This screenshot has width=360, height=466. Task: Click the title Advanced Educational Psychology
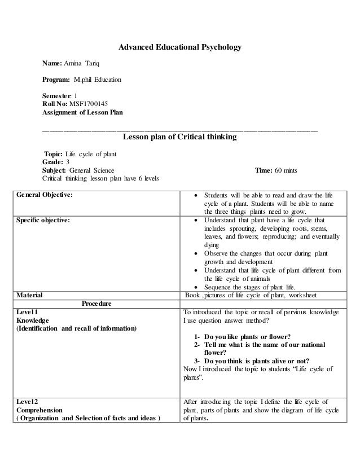point(179,47)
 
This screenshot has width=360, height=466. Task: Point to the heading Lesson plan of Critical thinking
point(179,137)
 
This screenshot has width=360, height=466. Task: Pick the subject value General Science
point(91,169)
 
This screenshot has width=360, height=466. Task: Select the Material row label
point(29,294)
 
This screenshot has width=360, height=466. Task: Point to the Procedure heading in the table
point(96,304)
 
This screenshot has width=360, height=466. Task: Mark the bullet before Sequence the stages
point(195,287)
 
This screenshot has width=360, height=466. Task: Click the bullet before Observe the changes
point(195,254)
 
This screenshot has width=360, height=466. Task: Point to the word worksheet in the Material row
point(300,294)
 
